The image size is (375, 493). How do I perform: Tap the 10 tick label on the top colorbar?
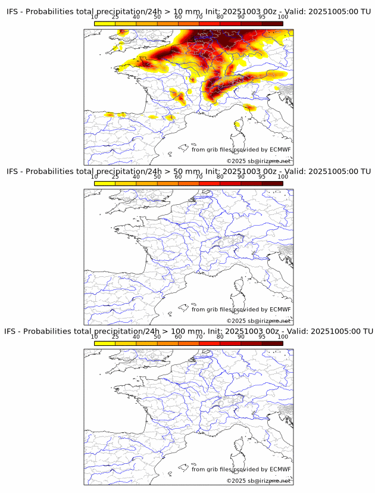[x=95, y=17]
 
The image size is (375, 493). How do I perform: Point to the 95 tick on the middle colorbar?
[x=262, y=177]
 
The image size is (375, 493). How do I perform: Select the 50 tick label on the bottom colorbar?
[x=157, y=337]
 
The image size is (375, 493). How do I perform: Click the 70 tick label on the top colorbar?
[x=199, y=17]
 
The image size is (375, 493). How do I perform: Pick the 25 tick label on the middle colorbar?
[x=115, y=177]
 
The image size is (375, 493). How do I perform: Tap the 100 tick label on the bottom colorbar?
[x=283, y=337]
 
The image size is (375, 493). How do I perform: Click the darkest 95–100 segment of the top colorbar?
[x=272, y=23]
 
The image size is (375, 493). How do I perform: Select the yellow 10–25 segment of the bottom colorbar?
[x=105, y=343]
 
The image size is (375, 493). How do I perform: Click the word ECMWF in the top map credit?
[x=280, y=149]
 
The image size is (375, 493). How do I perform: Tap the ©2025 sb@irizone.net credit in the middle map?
[x=258, y=321]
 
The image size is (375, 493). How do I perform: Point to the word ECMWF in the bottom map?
[x=280, y=469]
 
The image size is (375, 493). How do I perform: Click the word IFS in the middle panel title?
[x=12, y=171]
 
